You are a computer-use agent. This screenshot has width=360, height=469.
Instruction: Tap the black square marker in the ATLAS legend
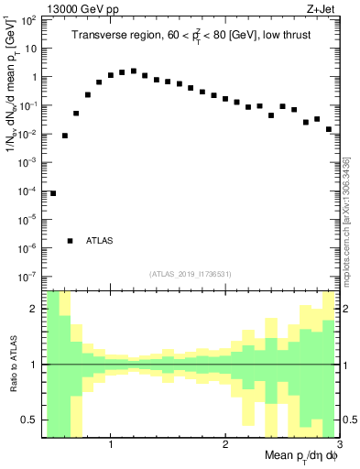click(x=71, y=241)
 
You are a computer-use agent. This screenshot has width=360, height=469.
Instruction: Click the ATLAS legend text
click(x=99, y=241)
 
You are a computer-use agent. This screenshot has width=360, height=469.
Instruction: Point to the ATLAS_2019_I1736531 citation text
click(x=191, y=274)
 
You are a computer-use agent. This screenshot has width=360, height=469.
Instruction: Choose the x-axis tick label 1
click(x=111, y=444)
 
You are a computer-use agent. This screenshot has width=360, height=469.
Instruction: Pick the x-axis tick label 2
click(x=225, y=444)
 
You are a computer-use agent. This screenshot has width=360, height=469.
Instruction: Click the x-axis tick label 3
click(x=338, y=444)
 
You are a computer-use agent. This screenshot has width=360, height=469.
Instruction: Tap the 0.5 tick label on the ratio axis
click(x=29, y=420)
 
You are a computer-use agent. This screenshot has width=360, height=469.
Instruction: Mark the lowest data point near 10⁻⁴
click(x=53, y=193)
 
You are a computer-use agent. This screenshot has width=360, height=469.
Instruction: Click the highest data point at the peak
click(x=134, y=71)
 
